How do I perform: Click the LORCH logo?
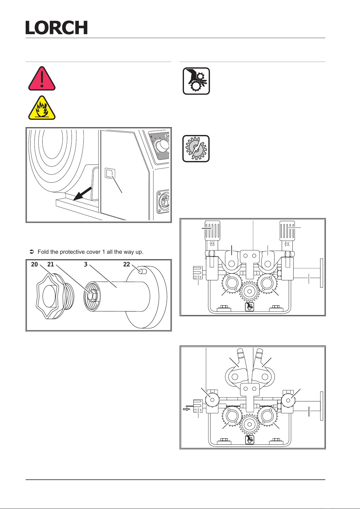tap(56, 27)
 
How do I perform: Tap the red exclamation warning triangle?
tap(42, 79)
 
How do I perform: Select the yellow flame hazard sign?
tap(42, 108)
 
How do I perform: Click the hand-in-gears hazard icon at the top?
tap(196, 81)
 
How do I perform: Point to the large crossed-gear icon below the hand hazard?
tap(196, 149)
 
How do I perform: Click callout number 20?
tap(34, 265)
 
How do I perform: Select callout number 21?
tap(51, 265)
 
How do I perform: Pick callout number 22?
tap(127, 265)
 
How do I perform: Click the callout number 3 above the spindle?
tap(86, 265)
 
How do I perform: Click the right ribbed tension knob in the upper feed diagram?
tap(287, 230)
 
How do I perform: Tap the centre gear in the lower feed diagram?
tap(249, 424)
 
